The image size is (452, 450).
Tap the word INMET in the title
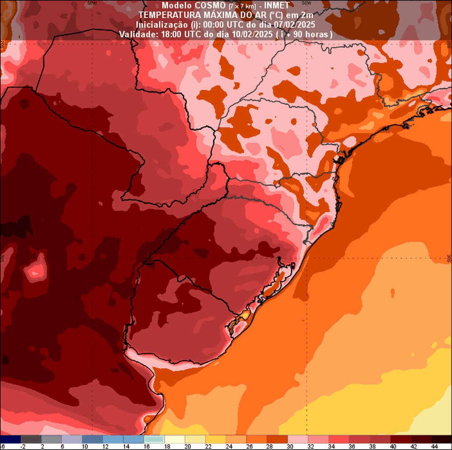[x=278, y=5]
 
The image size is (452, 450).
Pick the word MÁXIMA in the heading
[x=212, y=15]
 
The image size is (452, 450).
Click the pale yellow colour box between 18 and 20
[x=175, y=439]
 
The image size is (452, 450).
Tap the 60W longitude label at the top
[x=92, y=3]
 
